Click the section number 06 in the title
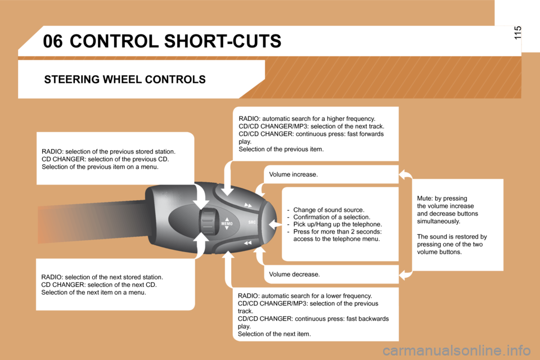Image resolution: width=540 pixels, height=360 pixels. (53, 41)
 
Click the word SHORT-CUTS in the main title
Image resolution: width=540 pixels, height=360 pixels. (223, 41)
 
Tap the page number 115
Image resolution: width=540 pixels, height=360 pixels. (517, 33)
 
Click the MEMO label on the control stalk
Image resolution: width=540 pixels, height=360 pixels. (227, 223)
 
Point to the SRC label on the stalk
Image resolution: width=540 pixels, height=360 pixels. (252, 222)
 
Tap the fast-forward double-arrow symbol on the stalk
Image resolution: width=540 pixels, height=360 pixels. (248, 205)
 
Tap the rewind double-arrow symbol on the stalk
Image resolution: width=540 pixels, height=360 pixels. (247, 243)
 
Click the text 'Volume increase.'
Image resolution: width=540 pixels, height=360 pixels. (294, 174)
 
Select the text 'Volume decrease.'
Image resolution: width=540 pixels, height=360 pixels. (294, 274)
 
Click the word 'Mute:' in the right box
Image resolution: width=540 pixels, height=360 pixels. (425, 199)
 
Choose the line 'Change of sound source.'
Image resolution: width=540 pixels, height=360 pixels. (328, 210)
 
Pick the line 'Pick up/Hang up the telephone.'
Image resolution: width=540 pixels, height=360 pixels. (337, 224)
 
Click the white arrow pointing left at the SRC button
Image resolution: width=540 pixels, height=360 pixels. (275, 224)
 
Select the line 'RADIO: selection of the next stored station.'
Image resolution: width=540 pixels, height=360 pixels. (102, 277)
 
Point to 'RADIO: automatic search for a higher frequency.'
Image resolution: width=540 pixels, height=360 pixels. (307, 119)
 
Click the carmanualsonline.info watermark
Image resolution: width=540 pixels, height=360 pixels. (456, 350)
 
